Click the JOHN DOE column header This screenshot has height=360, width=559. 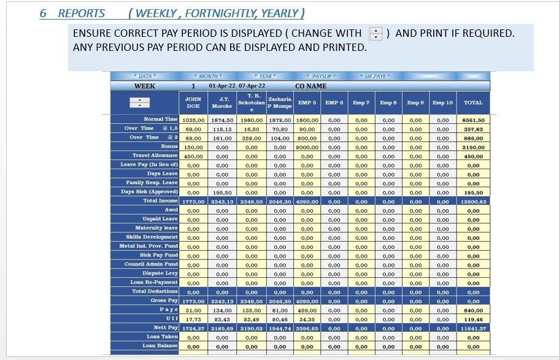tap(193, 102)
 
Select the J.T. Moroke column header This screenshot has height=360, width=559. tap(222, 102)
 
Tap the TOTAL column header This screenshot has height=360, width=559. tap(473, 102)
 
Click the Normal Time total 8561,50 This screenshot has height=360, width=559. tap(473, 120)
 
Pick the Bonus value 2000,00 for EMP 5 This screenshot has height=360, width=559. tap(307, 147)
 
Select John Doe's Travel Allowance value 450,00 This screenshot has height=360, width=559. tap(193, 156)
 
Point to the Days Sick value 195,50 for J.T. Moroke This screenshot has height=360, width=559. tap(222, 192)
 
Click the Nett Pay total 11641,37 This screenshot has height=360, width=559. tap(473, 328)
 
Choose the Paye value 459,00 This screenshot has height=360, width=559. tap(307, 310)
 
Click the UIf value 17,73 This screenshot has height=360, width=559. tap(193, 319)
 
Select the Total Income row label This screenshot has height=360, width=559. tap(160, 201)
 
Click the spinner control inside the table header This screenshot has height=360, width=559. tap(141, 102)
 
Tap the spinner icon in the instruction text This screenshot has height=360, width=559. tap(376, 34)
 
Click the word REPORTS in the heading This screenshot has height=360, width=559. tap(81, 13)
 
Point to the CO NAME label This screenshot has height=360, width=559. tap(311, 86)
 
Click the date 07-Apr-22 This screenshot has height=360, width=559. tap(252, 86)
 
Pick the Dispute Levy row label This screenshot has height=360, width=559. tap(160, 274)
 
